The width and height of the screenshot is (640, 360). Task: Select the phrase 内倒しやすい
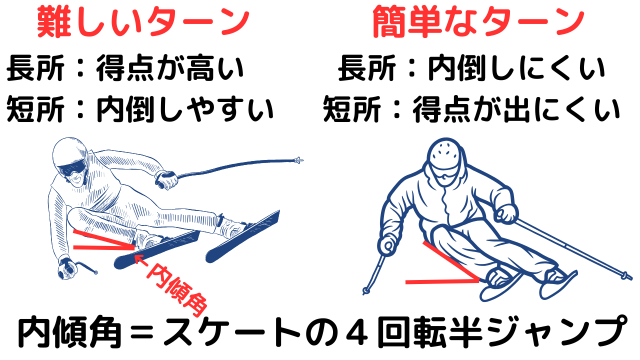pos(184,107)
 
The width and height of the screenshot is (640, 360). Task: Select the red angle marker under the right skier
pos(450,262)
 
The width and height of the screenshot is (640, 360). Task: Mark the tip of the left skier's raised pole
pos(299,160)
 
